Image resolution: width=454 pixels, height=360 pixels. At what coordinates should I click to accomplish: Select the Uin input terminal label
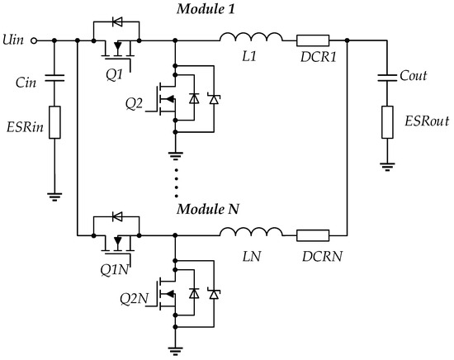(x=14, y=39)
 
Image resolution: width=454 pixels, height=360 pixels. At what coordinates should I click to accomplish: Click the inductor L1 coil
(x=253, y=38)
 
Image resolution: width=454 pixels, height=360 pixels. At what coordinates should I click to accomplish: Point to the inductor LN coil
(x=253, y=234)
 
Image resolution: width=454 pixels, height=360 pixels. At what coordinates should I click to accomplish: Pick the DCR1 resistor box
(x=314, y=39)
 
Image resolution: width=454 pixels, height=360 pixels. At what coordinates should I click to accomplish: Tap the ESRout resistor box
(x=385, y=122)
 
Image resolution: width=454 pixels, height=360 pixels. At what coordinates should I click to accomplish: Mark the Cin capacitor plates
(x=54, y=79)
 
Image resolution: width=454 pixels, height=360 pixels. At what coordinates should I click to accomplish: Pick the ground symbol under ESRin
(x=54, y=197)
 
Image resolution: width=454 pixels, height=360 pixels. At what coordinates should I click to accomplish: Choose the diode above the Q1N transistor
(x=116, y=218)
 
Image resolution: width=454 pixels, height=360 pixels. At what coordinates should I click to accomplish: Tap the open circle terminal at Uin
(x=33, y=39)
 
